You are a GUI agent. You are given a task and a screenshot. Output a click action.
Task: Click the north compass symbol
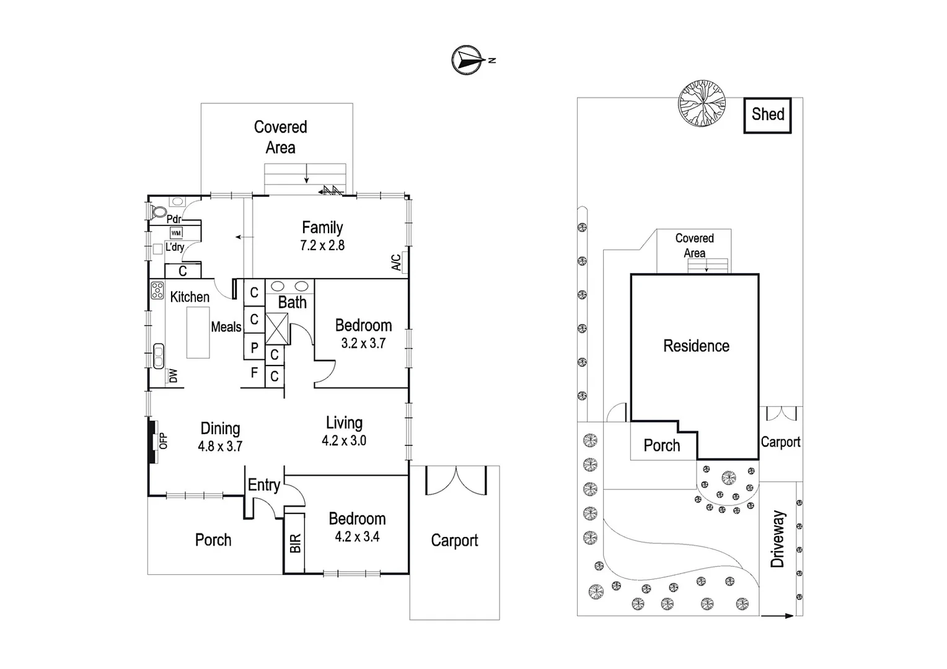pyautogui.click(x=467, y=60)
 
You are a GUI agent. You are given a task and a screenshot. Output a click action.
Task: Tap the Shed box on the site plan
pyautogui.click(x=767, y=115)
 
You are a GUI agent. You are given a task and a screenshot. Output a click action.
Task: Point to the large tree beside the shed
pyautogui.click(x=702, y=103)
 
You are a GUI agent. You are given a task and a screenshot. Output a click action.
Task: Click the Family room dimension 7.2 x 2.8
pyautogui.click(x=322, y=245)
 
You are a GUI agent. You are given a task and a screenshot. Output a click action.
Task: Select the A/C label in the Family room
pyautogui.click(x=397, y=263)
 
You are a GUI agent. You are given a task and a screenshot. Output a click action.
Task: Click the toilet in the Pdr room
pyautogui.click(x=158, y=212)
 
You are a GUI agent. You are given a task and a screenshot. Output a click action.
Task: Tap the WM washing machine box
pyautogui.click(x=177, y=233)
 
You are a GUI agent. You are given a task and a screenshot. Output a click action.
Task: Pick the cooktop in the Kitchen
pyautogui.click(x=157, y=291)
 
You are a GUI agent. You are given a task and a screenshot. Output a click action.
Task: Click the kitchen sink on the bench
pyautogui.click(x=158, y=356)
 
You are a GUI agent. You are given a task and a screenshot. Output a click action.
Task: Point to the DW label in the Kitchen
pyautogui.click(x=173, y=376)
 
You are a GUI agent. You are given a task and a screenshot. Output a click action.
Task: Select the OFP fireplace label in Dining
pyautogui.click(x=164, y=441)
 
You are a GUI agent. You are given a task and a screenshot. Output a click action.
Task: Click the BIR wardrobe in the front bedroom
pyautogui.click(x=296, y=543)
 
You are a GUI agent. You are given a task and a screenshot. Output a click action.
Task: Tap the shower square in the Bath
pyautogui.click(x=276, y=328)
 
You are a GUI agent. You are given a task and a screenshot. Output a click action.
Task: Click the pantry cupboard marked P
pyautogui.click(x=254, y=348)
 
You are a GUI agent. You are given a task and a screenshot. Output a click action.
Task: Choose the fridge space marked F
pyautogui.click(x=254, y=373)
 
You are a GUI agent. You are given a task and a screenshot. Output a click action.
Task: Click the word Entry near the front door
pyautogui.click(x=264, y=485)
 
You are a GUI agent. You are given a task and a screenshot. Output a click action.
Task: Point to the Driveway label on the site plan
pyautogui.click(x=778, y=539)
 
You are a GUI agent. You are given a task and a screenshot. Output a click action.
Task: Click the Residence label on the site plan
pyautogui.click(x=696, y=346)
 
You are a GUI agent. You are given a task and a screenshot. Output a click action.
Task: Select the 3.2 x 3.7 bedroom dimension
pyautogui.click(x=363, y=343)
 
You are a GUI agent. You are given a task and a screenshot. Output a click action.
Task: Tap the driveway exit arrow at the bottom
pyautogui.click(x=777, y=616)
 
